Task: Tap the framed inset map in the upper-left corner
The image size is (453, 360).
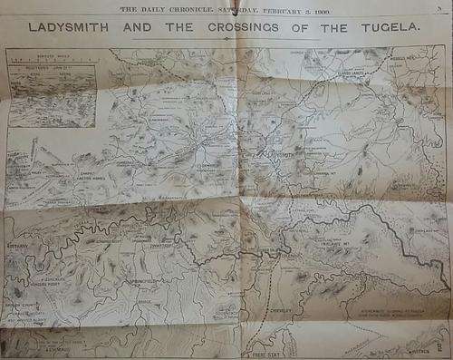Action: [x=51, y=95]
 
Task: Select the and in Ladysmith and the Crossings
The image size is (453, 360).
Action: [x=141, y=28]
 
